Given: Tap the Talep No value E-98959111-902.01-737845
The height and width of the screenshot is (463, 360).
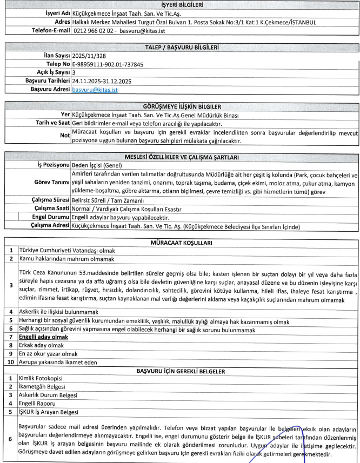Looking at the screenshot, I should point(108,63).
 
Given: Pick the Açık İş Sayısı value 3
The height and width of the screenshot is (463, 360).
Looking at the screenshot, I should point(74,72).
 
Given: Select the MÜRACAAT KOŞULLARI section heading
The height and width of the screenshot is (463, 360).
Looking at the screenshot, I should point(180,243).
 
